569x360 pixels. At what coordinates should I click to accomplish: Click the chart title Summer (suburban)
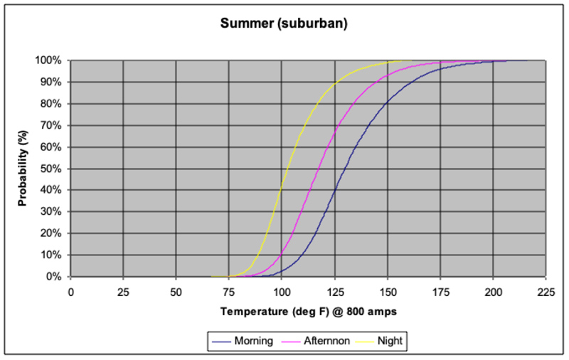284,23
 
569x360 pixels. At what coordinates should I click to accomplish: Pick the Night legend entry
390,341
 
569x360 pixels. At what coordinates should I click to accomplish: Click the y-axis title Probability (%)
22,168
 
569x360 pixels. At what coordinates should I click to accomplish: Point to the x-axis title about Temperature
308,311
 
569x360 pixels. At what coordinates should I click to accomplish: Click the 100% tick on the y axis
49,60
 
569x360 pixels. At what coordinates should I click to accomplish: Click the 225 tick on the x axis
546,291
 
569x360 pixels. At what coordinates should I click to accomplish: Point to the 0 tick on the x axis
70,291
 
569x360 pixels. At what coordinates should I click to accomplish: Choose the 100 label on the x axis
282,291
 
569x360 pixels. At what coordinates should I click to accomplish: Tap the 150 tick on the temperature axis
387,291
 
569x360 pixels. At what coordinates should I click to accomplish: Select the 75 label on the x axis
229,291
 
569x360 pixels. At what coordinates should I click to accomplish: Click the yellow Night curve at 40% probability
281,190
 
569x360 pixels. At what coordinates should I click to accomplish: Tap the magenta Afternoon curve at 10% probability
282,255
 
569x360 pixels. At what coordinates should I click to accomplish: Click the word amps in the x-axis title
382,311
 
